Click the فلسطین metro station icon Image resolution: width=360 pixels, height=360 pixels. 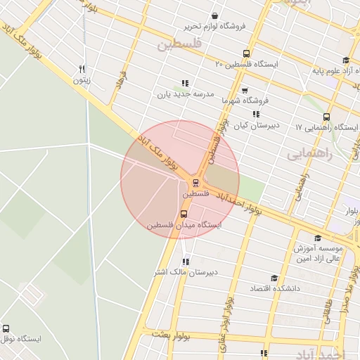(196, 184)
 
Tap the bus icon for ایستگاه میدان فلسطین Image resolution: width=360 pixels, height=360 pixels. (184, 214)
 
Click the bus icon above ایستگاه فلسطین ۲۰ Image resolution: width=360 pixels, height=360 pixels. (246, 53)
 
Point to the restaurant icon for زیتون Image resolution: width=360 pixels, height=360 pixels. (82, 69)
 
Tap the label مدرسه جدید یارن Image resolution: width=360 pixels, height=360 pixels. (184, 94)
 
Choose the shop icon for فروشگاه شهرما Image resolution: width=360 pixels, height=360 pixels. (244, 90)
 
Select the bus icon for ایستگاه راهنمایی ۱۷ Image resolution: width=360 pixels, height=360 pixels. (326, 117)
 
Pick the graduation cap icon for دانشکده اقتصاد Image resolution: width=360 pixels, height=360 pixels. (274, 278)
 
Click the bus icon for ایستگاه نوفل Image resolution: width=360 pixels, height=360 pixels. (6, 328)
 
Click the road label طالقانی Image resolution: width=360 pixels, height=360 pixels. (328, 307)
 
